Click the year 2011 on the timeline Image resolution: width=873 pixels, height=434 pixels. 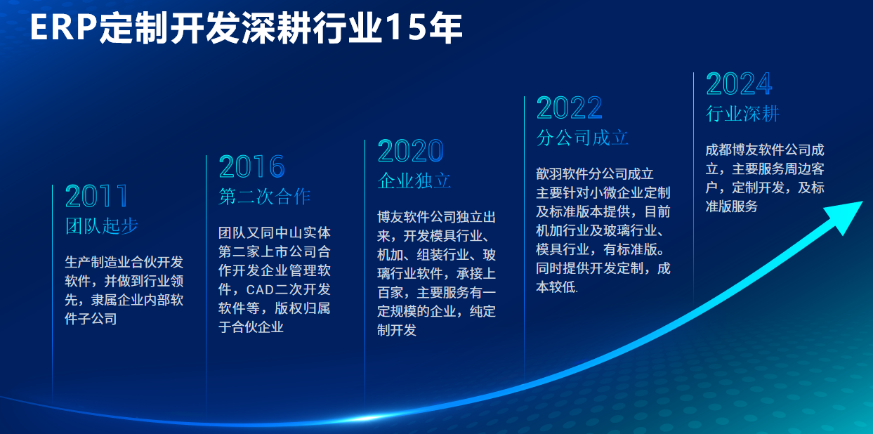(x=97, y=196)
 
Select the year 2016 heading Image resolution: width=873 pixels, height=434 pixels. (x=251, y=166)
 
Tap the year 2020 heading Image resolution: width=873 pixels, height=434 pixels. (x=410, y=151)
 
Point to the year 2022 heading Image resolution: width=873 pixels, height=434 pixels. (x=569, y=108)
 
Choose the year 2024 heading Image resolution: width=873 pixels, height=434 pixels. (x=739, y=84)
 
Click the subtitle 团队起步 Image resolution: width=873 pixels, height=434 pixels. (x=102, y=225)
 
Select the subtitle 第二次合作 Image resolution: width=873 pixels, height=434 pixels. (x=265, y=197)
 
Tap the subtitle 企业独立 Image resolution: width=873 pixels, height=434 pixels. (x=414, y=180)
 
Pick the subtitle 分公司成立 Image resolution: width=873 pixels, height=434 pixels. (x=582, y=138)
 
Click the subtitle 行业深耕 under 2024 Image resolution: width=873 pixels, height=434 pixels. (x=742, y=114)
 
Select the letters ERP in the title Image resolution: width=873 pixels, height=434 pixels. (x=63, y=27)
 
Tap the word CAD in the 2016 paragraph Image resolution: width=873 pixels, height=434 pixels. (x=261, y=289)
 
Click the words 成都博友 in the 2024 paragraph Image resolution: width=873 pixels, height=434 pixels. (x=732, y=150)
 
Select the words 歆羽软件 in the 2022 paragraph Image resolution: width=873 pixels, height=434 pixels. (x=563, y=173)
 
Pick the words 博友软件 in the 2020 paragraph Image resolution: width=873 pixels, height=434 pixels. (x=403, y=217)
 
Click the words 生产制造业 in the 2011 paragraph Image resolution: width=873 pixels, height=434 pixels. (x=98, y=262)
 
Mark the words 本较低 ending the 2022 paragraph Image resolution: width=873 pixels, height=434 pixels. (x=556, y=287)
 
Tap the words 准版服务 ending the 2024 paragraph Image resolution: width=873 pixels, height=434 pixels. (x=732, y=206)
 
